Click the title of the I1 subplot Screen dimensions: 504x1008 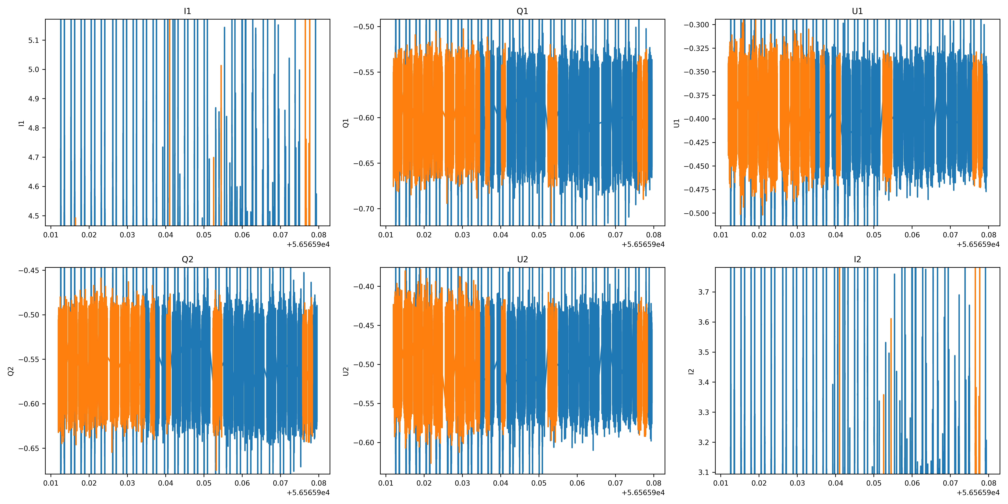[187, 11]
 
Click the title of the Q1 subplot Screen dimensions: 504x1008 [522, 11]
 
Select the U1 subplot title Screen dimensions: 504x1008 [857, 11]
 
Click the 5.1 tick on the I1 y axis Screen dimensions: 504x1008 [34, 40]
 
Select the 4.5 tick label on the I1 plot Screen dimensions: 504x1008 [34, 216]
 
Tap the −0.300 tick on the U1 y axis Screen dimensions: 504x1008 [696, 25]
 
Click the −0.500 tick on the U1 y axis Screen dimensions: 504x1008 [696, 213]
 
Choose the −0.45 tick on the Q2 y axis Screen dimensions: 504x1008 [29, 270]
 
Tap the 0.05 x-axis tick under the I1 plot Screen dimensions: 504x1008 [204, 235]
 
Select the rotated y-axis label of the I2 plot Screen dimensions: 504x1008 [691, 371]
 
